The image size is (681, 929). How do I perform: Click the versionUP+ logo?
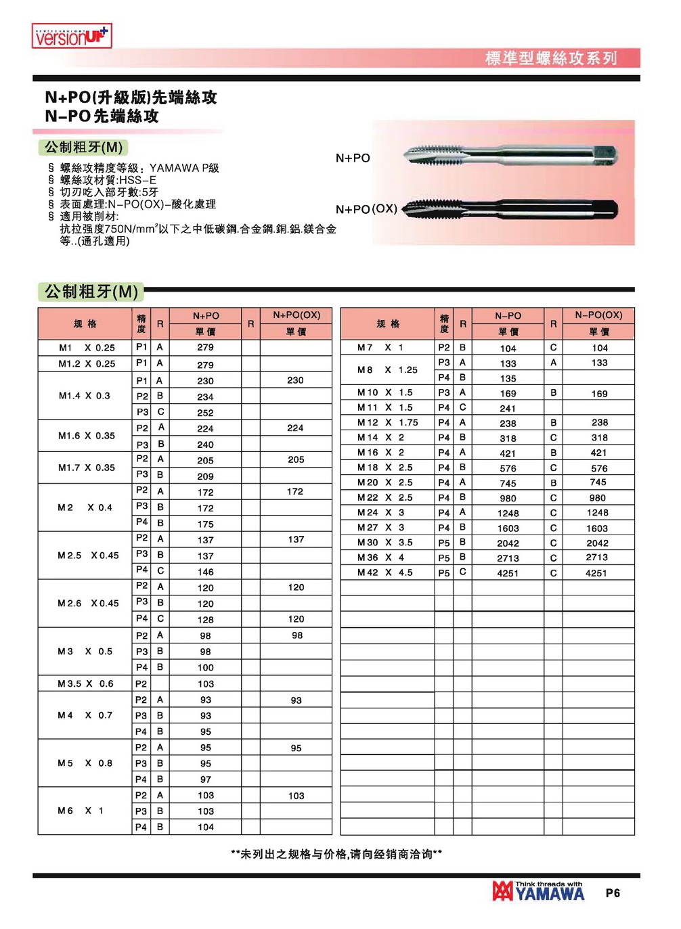tap(72, 36)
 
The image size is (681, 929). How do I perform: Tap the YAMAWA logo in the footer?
tap(539, 892)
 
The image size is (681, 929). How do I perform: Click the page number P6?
tap(613, 893)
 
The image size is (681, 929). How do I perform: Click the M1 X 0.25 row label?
tap(86, 348)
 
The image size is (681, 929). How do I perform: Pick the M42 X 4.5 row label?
tap(385, 572)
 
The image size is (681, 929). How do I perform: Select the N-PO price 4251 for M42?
tap(508, 573)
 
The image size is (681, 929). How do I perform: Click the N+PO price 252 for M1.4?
tap(205, 413)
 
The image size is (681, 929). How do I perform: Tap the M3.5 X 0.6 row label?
tap(85, 684)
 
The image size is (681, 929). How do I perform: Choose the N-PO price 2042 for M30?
tap(508, 543)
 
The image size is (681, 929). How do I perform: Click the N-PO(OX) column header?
tap(598, 315)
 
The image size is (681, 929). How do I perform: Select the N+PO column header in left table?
tap(206, 316)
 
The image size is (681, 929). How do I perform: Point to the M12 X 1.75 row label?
tap(388, 422)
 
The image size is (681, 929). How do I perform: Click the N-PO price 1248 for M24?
tap(508, 514)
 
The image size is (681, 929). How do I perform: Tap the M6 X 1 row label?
tap(81, 811)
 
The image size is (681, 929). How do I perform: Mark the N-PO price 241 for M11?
tap(508, 409)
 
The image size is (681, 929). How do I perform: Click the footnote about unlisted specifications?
tap(336, 855)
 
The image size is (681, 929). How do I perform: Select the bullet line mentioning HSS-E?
tap(108, 180)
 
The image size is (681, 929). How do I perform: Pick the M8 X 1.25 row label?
tap(388, 370)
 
